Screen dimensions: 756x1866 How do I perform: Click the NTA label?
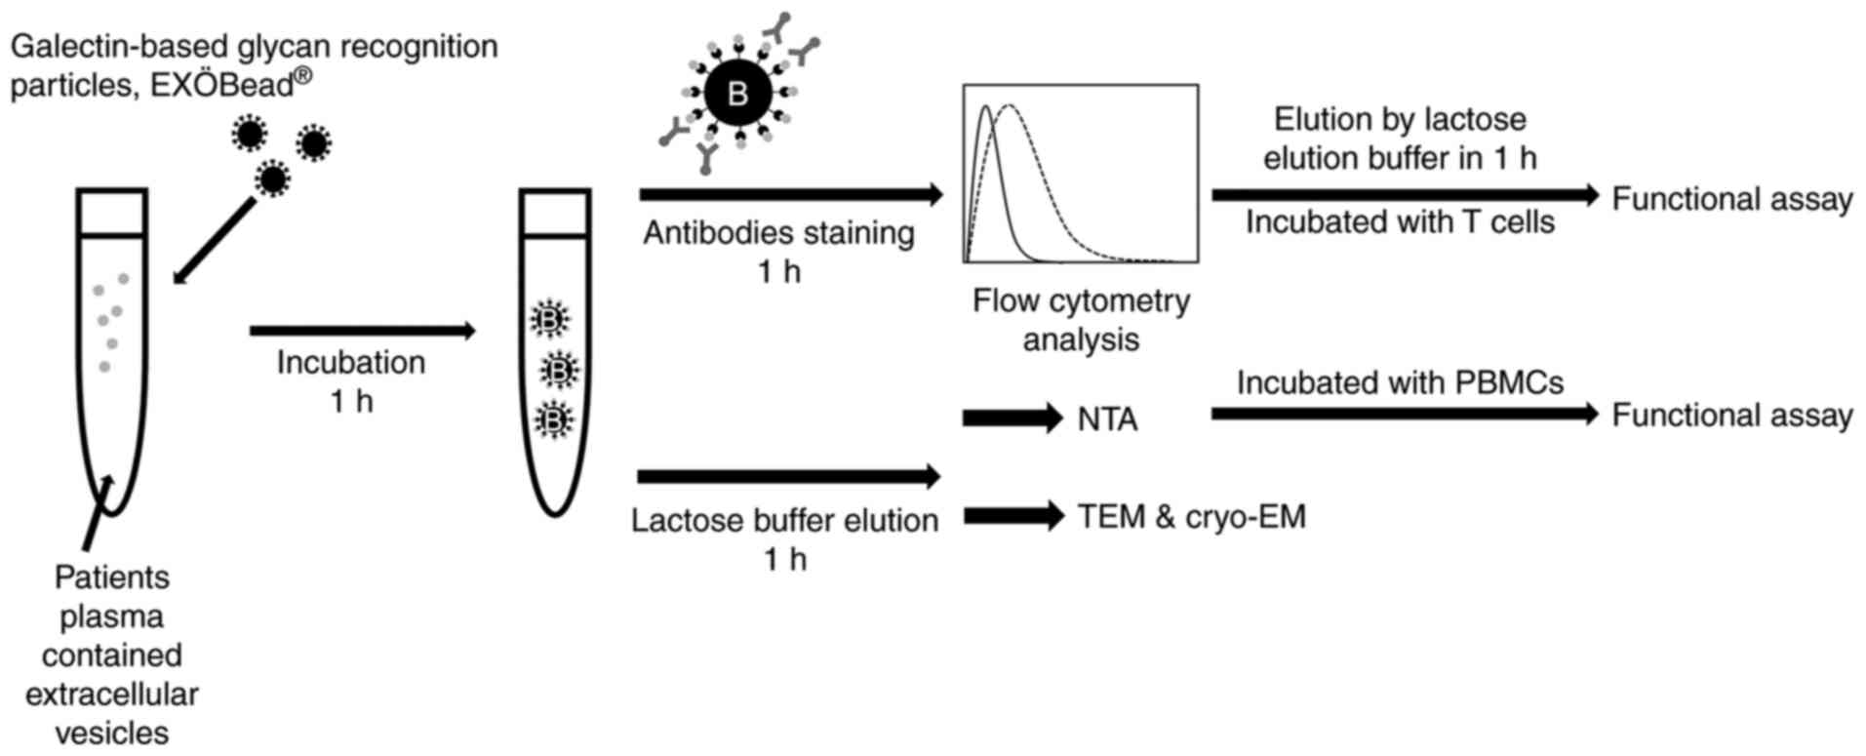(x=1107, y=419)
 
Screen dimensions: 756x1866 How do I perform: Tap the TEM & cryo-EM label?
(x=1191, y=516)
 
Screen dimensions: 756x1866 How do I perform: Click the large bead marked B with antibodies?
(x=737, y=94)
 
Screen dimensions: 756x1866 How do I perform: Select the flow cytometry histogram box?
(x=1081, y=174)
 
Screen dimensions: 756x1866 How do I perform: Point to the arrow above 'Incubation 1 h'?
(x=362, y=331)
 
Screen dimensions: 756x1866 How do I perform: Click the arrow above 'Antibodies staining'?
(x=790, y=195)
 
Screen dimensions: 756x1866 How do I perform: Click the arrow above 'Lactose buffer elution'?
(x=788, y=477)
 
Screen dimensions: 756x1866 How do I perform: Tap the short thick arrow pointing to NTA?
(x=1012, y=418)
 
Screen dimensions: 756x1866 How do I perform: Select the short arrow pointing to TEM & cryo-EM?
(x=1012, y=515)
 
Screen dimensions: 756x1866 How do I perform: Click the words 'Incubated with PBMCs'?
(x=1400, y=382)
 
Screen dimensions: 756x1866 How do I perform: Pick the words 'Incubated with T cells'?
(x=1400, y=222)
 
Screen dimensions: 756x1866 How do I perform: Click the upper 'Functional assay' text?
(x=1731, y=199)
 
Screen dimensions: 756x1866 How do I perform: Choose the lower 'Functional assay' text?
(x=1731, y=416)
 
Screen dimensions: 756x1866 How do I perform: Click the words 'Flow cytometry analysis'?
(x=1081, y=320)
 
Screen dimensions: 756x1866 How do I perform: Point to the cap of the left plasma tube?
(x=112, y=212)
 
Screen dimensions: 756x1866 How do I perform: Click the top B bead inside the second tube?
(x=550, y=319)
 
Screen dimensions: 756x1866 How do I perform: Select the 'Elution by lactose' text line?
(x=1400, y=120)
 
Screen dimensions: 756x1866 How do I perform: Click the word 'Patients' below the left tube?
(x=111, y=577)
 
